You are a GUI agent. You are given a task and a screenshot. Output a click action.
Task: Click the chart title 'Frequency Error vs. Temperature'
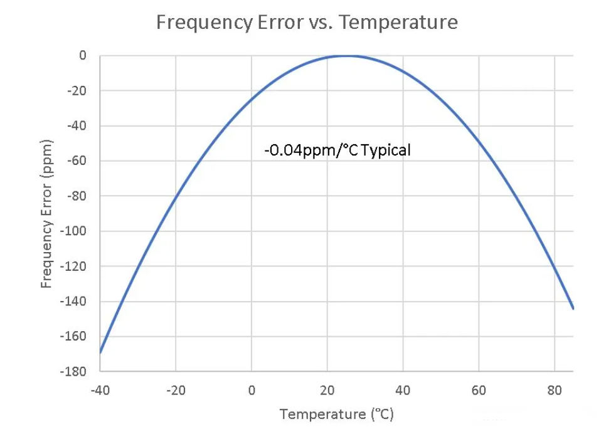307,23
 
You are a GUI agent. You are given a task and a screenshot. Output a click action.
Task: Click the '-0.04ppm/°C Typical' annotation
337,150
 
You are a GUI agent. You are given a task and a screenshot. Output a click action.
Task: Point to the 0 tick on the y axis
82,56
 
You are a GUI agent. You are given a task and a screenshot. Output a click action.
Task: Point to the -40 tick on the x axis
100,390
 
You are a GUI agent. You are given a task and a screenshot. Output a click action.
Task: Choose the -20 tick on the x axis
176,390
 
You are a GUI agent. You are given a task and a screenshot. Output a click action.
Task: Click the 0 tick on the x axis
252,390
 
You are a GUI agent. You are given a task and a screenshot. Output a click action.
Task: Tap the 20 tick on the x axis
327,390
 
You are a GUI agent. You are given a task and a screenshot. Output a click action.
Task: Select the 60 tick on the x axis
479,390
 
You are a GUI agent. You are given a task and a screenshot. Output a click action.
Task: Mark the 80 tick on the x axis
555,390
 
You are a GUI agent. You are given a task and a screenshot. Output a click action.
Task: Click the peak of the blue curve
346,56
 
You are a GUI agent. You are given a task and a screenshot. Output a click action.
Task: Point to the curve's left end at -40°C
100,352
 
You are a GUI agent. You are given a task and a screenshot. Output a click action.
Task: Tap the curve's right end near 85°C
573,308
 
